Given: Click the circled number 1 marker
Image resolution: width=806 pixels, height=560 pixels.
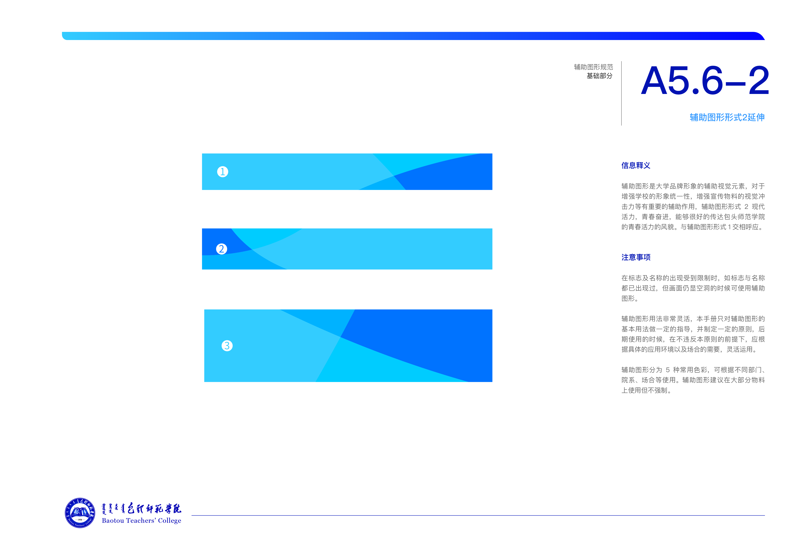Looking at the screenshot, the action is point(223,172).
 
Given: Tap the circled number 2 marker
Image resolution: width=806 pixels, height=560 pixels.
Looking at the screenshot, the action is point(221,249).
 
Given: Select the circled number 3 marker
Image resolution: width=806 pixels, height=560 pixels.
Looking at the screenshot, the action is point(227,346).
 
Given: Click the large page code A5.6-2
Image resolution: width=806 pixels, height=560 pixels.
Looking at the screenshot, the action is point(705,81).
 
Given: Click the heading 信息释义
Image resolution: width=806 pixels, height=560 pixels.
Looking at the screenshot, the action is point(636,165).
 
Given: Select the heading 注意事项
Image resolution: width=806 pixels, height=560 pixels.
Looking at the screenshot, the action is point(636,257).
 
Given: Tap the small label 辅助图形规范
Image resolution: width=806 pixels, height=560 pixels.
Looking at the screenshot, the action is point(593,67).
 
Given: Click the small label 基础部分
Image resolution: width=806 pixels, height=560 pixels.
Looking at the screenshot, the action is point(600,76).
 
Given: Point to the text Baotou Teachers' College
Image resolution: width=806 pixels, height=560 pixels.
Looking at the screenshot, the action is point(141,521).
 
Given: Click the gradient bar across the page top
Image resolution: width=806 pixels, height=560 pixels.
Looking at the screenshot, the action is point(413,36).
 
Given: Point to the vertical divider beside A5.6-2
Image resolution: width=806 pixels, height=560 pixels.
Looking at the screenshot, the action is point(621,93).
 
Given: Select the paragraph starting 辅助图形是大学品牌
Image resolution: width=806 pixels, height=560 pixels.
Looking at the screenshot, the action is point(693,206).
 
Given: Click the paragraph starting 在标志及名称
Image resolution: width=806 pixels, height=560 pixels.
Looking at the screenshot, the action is point(693,288).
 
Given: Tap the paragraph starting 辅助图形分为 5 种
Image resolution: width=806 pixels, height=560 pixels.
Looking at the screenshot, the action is point(693,380).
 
